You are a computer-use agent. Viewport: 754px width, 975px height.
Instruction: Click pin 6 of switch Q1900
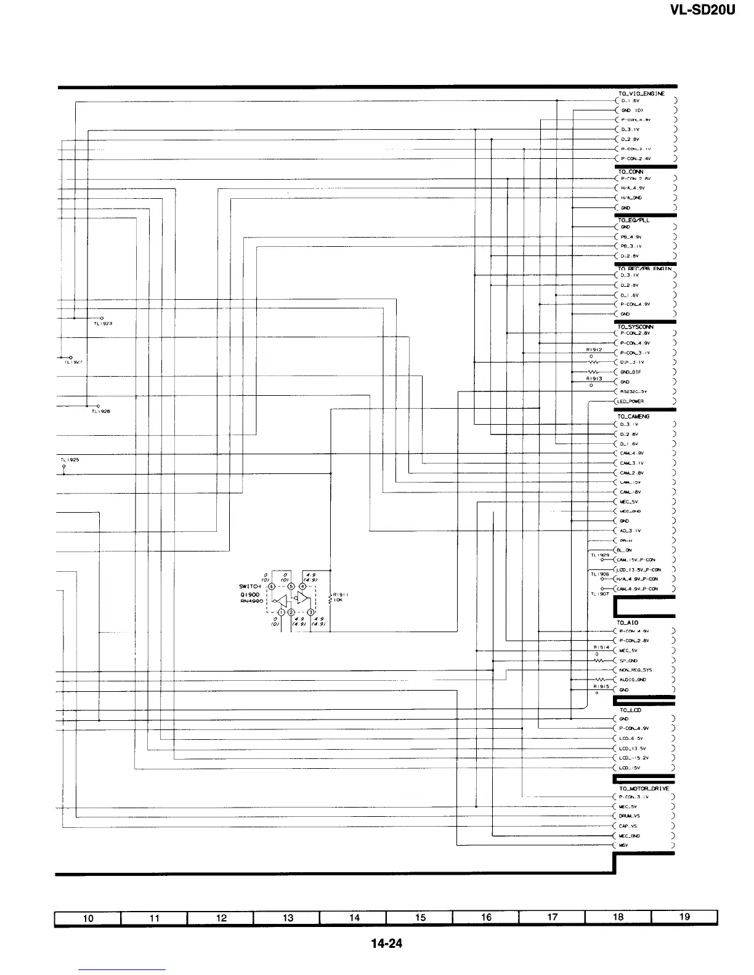pyautogui.click(x=272, y=585)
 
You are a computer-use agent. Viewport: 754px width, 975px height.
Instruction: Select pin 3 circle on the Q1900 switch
pyautogui.click(x=310, y=612)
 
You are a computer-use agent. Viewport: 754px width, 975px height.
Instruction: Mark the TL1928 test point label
pyautogui.click(x=100, y=412)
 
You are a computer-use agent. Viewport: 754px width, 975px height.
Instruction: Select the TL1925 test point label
pyautogui.click(x=70, y=460)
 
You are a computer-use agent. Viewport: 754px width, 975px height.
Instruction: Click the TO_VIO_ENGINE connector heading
pyautogui.click(x=641, y=94)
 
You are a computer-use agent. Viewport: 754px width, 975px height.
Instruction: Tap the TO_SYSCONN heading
pyautogui.click(x=635, y=327)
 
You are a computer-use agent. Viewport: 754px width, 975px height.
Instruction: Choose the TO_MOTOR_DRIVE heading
pyautogui.click(x=643, y=788)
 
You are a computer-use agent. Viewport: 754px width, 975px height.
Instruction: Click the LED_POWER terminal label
pyautogui.click(x=630, y=401)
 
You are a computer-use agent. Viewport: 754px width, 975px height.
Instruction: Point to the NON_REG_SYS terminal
pyautogui.click(x=636, y=670)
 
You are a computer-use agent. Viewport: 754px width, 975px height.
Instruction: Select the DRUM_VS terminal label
pyautogui.click(x=630, y=816)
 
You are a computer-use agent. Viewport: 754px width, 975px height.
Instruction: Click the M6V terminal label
pyautogui.click(x=625, y=846)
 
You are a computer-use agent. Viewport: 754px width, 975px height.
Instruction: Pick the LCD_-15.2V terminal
pyautogui.click(x=634, y=758)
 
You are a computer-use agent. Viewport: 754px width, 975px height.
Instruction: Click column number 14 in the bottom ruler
pyautogui.click(x=354, y=918)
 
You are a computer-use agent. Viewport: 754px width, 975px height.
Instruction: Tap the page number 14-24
pyautogui.click(x=386, y=943)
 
